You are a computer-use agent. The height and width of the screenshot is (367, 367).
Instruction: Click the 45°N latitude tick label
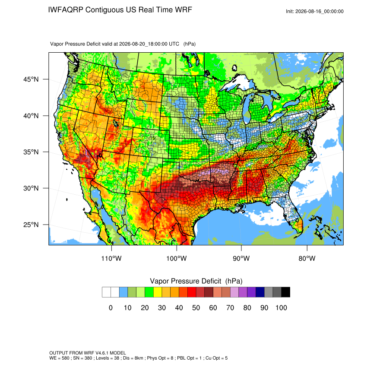point(31,79)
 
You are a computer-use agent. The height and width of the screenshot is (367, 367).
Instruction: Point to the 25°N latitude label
point(31,225)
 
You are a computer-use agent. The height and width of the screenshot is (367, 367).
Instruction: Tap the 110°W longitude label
point(111,258)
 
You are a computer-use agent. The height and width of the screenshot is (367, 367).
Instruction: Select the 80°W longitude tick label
point(307,258)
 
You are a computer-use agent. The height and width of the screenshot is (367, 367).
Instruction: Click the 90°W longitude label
point(241,258)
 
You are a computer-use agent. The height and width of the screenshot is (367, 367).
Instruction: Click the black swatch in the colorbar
point(285,292)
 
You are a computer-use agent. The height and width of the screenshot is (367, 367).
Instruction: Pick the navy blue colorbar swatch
point(260,292)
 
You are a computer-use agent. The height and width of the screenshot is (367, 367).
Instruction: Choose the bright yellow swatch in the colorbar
point(158,292)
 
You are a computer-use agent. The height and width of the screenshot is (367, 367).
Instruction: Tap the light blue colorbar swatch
point(123,292)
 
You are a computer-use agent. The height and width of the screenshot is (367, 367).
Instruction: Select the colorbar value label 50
point(196,307)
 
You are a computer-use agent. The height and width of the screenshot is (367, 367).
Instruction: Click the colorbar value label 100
point(281,307)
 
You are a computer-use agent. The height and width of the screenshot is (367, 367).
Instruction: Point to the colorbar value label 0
point(111,307)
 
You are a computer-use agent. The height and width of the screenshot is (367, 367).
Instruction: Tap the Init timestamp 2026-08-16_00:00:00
point(319,11)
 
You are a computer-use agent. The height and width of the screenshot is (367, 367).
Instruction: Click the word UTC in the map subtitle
point(174,44)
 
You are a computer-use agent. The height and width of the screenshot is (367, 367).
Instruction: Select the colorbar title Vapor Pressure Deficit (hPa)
point(196,281)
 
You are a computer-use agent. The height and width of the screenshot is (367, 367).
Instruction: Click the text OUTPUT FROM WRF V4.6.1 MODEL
point(88,353)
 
